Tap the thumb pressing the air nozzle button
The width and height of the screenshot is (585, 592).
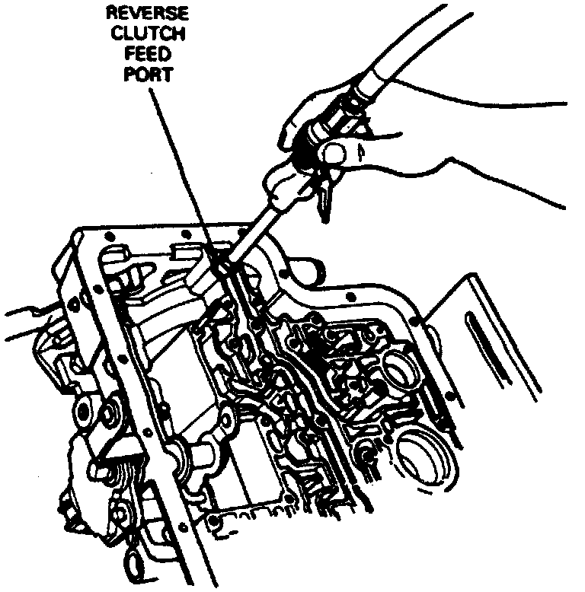pyautogui.click(x=332, y=155)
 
